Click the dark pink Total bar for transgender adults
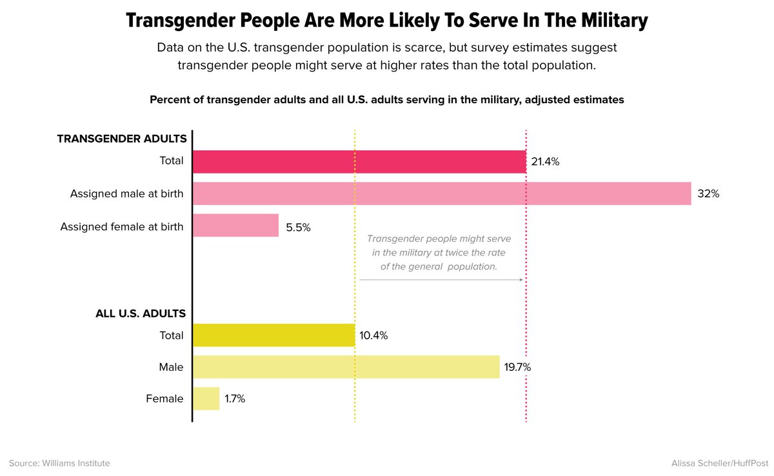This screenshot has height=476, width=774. pos(359,162)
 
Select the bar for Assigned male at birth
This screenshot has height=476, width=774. pos(442,193)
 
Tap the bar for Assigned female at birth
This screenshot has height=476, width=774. pos(235,226)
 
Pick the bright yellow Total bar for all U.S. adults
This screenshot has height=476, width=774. pos(273,335)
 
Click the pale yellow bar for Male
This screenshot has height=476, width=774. pos(346,367)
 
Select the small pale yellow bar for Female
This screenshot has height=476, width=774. pos(206,399)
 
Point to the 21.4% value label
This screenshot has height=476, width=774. pos(545,162)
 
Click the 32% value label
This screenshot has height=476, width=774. pos(708,193)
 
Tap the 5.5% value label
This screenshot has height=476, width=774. pos(297,227)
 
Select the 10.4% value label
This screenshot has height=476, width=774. pos(373,336)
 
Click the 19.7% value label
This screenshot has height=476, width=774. pos(518,368)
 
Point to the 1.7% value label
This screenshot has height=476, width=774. pos(235,399)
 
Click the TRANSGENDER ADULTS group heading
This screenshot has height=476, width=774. pos(122,139)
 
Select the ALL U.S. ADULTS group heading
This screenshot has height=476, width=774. pos(141,314)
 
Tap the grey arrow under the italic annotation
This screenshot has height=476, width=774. pos(441,280)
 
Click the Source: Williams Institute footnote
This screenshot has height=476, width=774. pos(59,463)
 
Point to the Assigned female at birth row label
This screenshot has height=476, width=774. pos(122,227)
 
